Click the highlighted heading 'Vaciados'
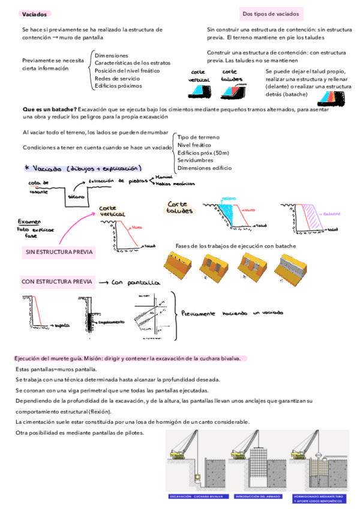coord(32,14)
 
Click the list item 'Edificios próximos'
coord(118,86)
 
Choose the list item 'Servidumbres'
coord(196,160)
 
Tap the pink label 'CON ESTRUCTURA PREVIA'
coord(57,281)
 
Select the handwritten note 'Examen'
coord(30,220)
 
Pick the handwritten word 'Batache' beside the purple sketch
coord(333,213)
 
